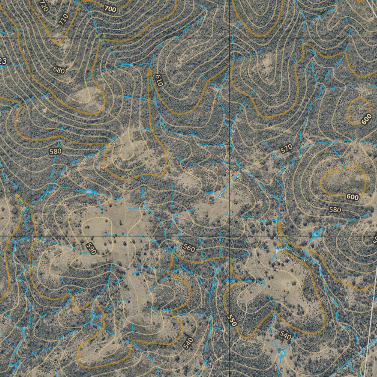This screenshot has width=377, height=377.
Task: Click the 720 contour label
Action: coord(43,6)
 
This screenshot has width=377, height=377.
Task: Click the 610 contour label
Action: coord(159,80)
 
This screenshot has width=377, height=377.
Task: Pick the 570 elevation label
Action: coord(286,149)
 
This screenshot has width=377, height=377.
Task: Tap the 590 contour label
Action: coord(91,249)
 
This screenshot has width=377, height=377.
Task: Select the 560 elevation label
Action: coord(189,248)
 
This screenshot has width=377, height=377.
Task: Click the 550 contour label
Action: coord(232,320)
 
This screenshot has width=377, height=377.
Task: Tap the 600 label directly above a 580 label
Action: coord(352,197)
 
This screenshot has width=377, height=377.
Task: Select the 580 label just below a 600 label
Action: coord(335,209)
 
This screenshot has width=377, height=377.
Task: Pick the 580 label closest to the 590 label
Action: coord(55,151)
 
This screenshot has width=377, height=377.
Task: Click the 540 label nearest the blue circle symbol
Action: coord(285,335)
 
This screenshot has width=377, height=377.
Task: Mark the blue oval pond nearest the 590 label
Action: coord(88,191)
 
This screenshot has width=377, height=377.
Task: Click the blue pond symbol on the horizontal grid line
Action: coord(316,234)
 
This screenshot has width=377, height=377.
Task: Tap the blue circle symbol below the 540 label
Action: coord(281,354)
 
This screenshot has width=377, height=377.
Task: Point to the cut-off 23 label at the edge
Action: coord(3,61)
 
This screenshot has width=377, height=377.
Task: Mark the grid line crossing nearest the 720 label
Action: coord(31,38)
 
